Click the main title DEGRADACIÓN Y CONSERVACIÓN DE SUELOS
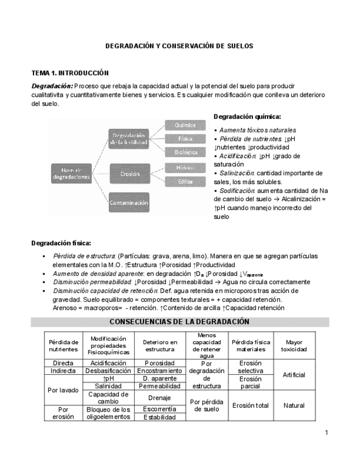[x=179, y=46]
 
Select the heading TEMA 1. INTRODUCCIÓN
[x=70, y=73]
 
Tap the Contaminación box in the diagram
[x=129, y=203]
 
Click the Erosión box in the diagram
[x=130, y=174]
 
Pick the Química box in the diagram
[x=185, y=125]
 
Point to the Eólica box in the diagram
[x=185, y=181]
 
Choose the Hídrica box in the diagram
[x=185, y=167]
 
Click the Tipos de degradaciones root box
[x=71, y=174]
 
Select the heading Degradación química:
[x=247, y=116]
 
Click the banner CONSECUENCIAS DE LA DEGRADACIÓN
[x=179, y=321]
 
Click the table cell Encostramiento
[x=159, y=371]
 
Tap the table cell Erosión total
[x=250, y=406]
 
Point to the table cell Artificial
[x=293, y=375]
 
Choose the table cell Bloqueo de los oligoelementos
[x=109, y=413]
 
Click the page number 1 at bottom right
[x=326, y=432]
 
